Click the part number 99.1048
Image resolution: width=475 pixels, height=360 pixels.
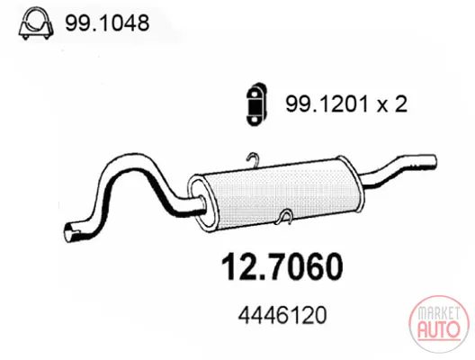coord(107,22)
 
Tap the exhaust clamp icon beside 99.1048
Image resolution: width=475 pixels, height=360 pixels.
coord(36,23)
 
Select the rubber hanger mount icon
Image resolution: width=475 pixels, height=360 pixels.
coord(257,103)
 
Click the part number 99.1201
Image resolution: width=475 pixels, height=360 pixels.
coord(327,103)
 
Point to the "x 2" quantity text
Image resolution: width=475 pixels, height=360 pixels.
coord(391,104)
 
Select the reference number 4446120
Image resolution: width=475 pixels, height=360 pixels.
coord(282,315)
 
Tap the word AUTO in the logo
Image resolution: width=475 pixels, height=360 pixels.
coord(439,329)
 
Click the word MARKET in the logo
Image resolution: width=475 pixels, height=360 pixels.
coord(439,313)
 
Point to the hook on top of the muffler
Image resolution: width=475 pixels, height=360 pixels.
coord(254,159)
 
